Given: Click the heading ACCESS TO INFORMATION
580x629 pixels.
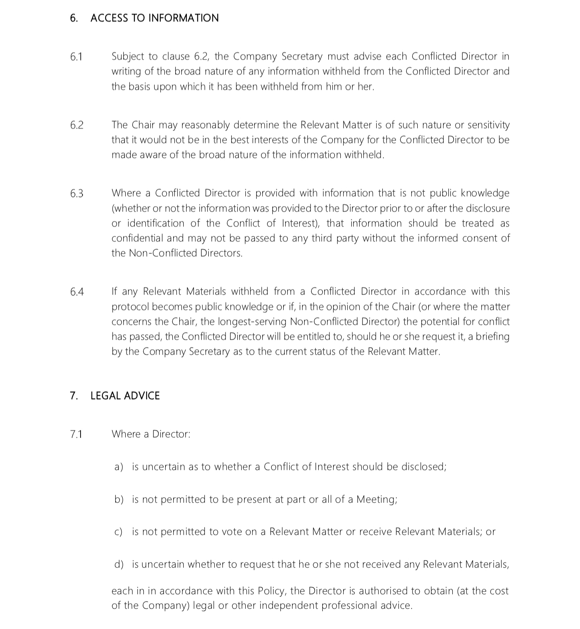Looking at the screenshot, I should pos(155,18).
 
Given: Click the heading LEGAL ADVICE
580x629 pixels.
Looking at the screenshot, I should pos(125,396).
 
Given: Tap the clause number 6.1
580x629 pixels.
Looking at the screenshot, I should pos(76,57).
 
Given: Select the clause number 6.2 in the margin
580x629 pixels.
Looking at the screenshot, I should pos(77,125).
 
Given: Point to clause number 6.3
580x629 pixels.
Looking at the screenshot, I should pos(77,194).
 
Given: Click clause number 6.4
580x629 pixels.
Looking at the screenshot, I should pos(77,292).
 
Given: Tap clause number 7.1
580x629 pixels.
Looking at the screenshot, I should pos(76,434).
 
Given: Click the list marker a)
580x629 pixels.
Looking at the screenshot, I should pos(118,467).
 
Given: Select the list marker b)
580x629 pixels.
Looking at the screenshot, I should pos(118,500).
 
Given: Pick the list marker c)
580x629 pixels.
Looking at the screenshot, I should pos(118,532).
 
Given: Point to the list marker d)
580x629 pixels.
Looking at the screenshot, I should pos(118,564).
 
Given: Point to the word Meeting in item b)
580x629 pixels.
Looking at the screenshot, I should pos(376,500).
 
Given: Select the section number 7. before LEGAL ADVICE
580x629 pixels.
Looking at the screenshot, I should pos(74,396).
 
